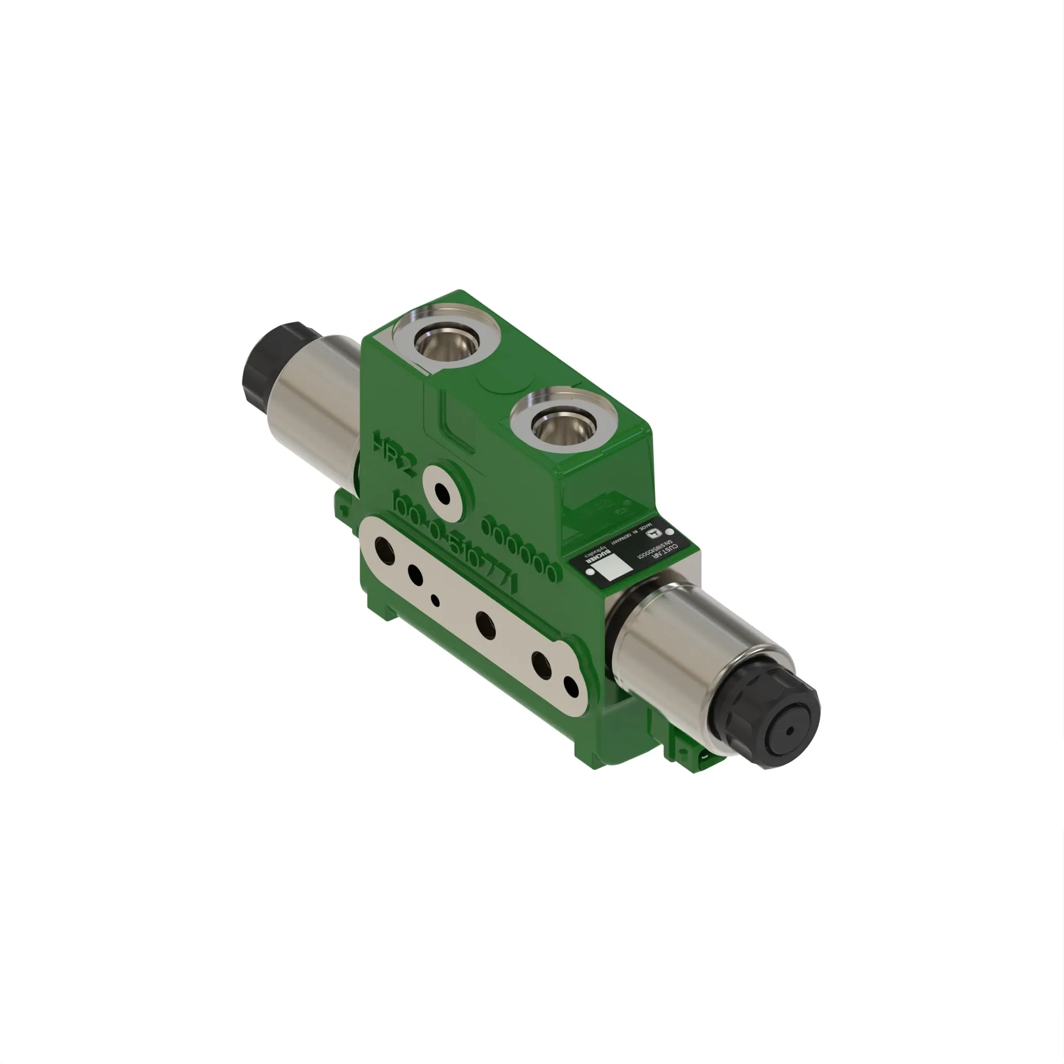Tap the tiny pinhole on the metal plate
pos(436,601)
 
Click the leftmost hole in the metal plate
pos(384,550)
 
